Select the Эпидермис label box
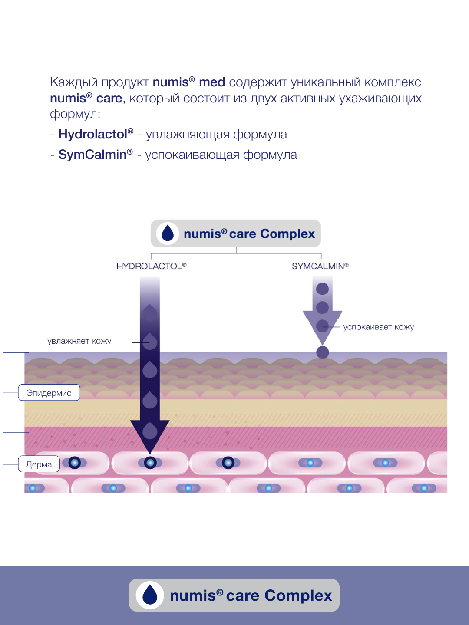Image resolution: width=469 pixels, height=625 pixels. pyautogui.click(x=49, y=393)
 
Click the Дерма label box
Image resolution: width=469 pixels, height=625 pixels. pyautogui.click(x=39, y=464)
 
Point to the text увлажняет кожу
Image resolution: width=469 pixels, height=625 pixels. pyautogui.click(x=79, y=341)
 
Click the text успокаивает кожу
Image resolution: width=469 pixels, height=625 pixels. pyautogui.click(x=378, y=327)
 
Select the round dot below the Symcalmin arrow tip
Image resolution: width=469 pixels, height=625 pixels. pyautogui.click(x=322, y=352)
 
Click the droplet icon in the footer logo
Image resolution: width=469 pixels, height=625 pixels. pyautogui.click(x=150, y=595)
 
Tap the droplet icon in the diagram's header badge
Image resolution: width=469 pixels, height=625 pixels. pyautogui.click(x=168, y=234)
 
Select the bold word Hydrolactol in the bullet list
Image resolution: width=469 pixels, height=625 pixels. pyautogui.click(x=93, y=135)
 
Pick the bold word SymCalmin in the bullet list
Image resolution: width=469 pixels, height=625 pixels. pyautogui.click(x=92, y=155)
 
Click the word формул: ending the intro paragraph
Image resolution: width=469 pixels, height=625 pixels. pyautogui.click(x=75, y=115)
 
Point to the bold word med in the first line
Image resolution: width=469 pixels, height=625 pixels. pyautogui.click(x=212, y=82)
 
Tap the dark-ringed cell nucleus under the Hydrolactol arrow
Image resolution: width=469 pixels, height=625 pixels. pyautogui.click(x=150, y=463)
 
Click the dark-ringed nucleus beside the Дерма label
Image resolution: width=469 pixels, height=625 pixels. pyautogui.click(x=75, y=463)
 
